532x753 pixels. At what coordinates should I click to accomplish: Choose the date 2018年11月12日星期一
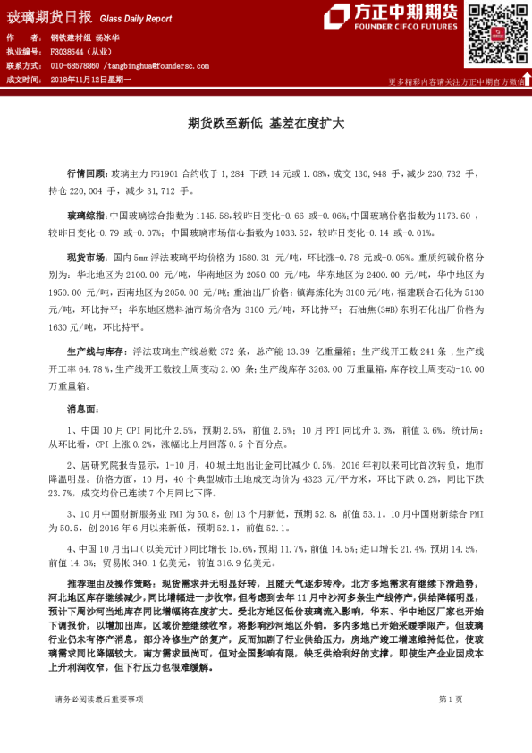pyautogui.click(x=96, y=80)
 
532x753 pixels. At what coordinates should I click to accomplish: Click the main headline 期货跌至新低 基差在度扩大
pyautogui.click(x=266, y=125)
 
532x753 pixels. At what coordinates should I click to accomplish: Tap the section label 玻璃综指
pyautogui.click(x=88, y=216)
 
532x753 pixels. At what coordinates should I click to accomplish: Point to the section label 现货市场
pyautogui.click(x=88, y=258)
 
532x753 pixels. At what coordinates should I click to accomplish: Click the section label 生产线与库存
pyautogui.click(x=97, y=353)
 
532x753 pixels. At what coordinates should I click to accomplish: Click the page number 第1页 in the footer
pyautogui.click(x=451, y=723)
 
